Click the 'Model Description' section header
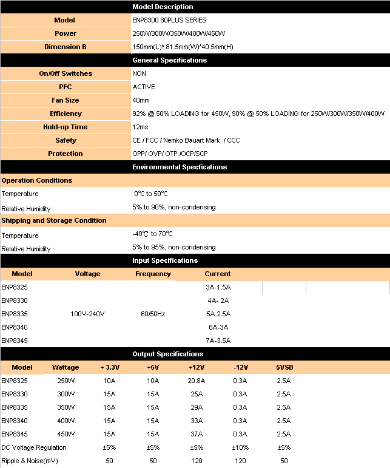163,7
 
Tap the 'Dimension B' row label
66,47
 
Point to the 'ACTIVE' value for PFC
144,87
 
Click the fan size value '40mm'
141,100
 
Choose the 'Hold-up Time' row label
66,127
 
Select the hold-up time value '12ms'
140,127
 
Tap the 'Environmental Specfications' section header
180,167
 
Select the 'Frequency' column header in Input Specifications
153,274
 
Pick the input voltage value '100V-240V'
88,314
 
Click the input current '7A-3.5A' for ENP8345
218,341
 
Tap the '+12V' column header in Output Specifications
197,367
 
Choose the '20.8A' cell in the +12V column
197,381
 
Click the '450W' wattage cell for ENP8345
66,434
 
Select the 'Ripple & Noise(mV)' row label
29,461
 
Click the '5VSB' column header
284,367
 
